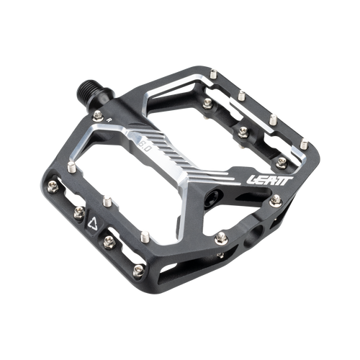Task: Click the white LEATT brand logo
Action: coord(269,181)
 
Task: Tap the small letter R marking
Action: coord(110,120)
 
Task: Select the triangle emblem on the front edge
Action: coord(93,223)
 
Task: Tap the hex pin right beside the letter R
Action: coord(98,116)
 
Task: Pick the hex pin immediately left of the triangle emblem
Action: coord(79,212)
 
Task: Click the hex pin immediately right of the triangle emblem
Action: coord(109,242)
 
